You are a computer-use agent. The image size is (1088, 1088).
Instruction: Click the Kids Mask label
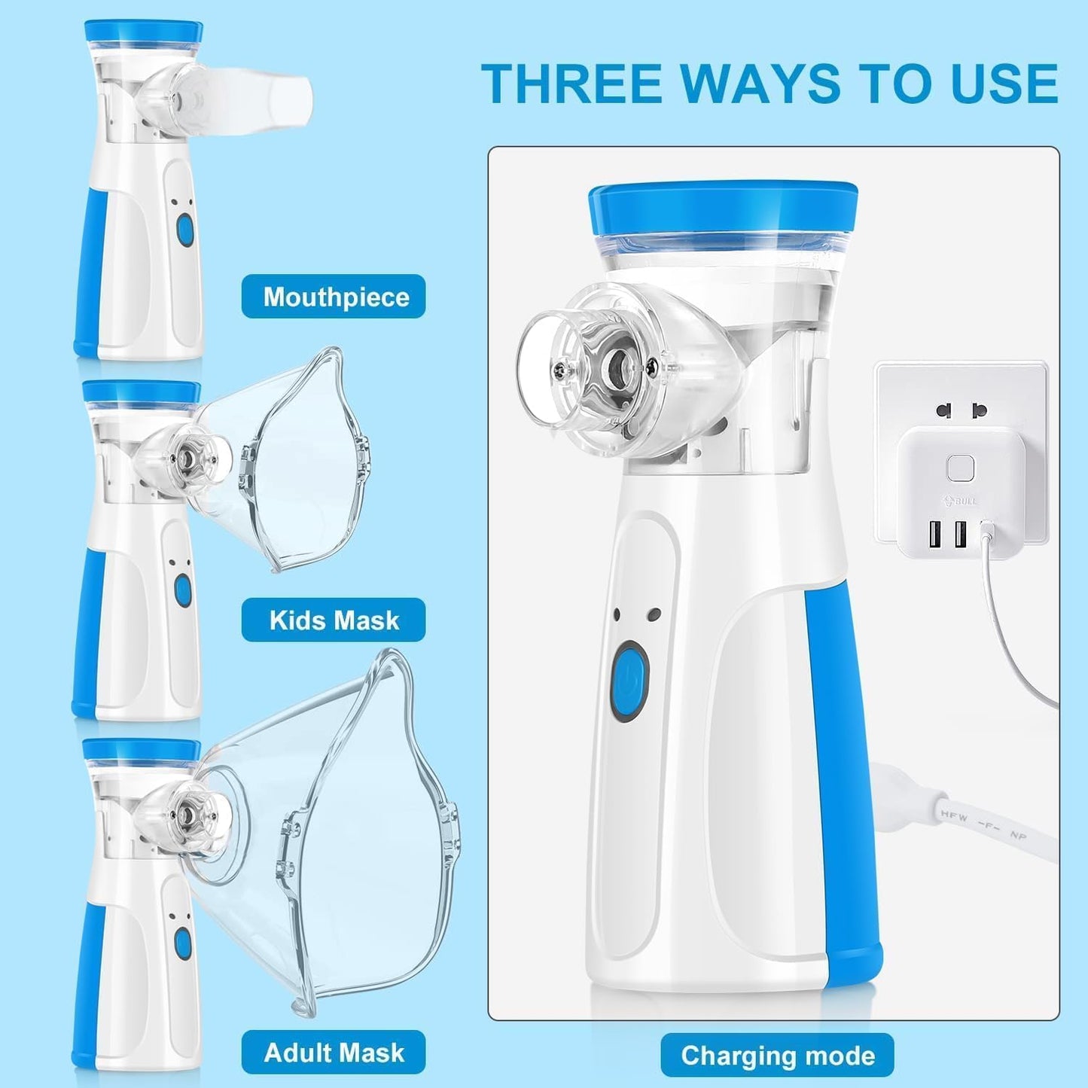tap(334, 620)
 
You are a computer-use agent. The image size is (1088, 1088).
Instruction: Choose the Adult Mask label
tap(334, 1052)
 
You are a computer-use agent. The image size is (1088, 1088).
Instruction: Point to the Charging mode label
tap(777, 1056)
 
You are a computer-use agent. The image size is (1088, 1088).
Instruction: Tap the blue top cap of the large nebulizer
tap(723, 207)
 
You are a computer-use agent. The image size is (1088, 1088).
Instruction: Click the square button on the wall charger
tap(960, 468)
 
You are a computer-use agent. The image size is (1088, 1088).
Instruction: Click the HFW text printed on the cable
tap(953, 815)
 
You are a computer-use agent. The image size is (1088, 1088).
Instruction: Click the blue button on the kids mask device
tap(183, 590)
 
